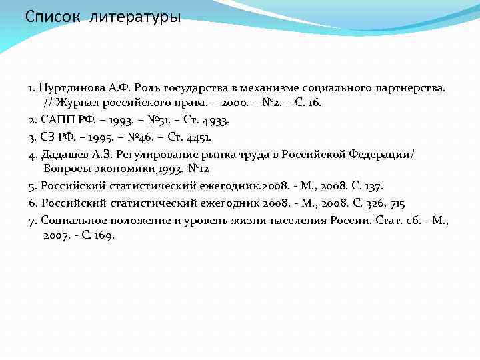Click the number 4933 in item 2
(x=215, y=121)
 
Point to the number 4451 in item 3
(x=198, y=138)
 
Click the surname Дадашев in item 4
(x=66, y=155)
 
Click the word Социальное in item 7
(x=73, y=219)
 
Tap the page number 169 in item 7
(x=104, y=235)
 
